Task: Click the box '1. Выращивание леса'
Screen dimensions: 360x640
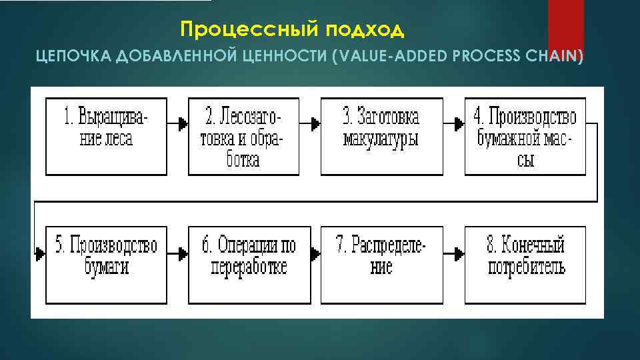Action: coord(106,137)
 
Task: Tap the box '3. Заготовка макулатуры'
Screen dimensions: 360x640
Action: coord(381,137)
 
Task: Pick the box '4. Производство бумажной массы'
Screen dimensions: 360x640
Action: coord(525,137)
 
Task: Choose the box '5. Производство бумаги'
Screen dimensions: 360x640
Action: coord(106,265)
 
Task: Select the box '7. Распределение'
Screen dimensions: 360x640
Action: coord(381,265)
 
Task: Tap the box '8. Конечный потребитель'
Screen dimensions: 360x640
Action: coord(525,265)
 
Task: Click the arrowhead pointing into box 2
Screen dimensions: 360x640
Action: coord(183,124)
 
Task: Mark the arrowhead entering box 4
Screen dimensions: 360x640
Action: coord(459,124)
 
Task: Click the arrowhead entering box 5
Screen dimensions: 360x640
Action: coord(40,254)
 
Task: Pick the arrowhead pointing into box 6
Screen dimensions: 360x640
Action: coord(183,254)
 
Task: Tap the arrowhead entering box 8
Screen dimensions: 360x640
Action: coord(459,254)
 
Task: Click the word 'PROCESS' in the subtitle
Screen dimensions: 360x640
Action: coord(485,57)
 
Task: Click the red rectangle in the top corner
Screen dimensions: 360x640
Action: coord(565,27)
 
